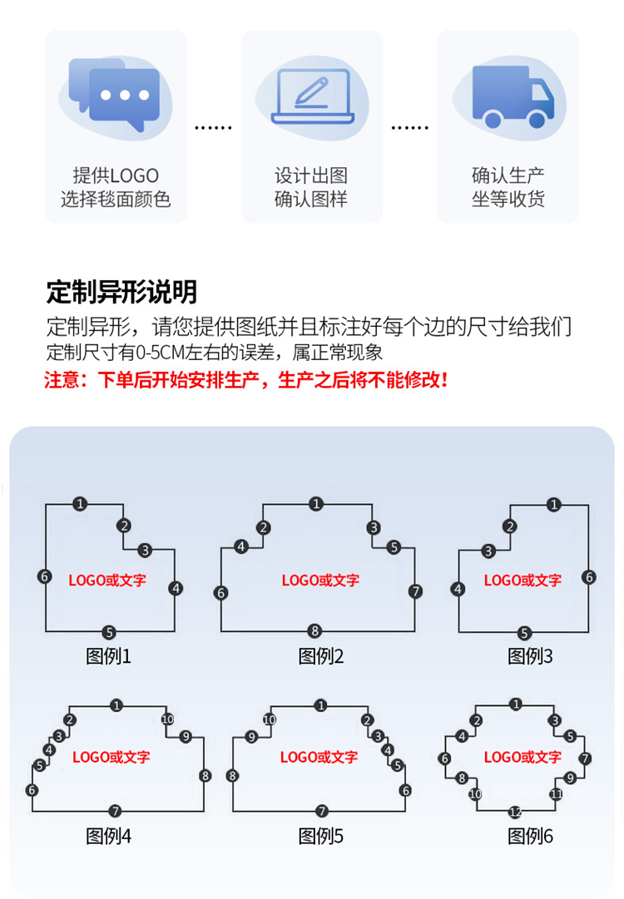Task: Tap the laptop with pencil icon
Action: coord(313,96)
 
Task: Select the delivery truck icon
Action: coord(513,96)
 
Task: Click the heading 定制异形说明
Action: coord(121,292)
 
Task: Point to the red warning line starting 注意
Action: coord(245,379)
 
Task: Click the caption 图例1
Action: coord(108,656)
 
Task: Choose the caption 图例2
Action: coord(320,656)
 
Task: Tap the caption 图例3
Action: coord(530,656)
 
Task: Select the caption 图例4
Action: coord(108,836)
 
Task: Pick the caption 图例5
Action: coord(320,836)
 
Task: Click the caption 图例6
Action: coord(530,836)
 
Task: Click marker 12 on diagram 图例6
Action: coord(515,812)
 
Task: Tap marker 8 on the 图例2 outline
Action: coord(314,631)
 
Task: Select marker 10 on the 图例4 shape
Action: coord(167,719)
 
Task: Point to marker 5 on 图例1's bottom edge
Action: coord(109,632)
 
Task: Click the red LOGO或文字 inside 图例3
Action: coord(522,580)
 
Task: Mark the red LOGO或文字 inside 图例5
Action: coord(319,757)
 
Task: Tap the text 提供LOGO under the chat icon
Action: coord(116,175)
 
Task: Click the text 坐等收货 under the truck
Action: coord(508,199)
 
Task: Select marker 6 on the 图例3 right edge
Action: coord(589,577)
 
